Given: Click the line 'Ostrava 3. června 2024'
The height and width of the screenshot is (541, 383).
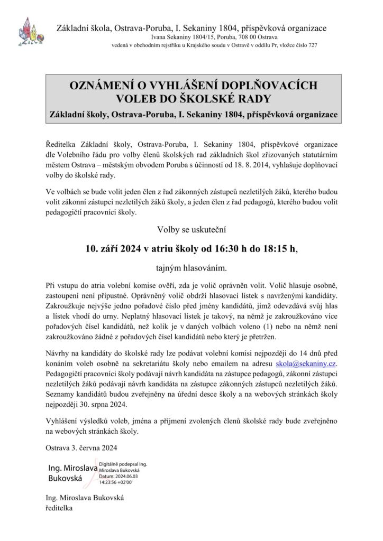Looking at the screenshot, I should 82,450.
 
